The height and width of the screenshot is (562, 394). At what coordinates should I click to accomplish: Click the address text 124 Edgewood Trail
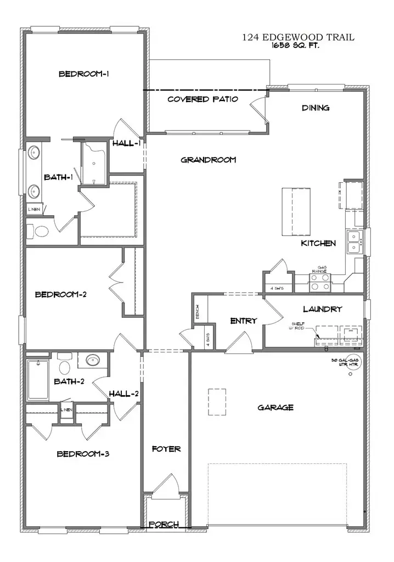tap(299, 37)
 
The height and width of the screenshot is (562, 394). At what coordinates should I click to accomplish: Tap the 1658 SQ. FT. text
tap(295, 46)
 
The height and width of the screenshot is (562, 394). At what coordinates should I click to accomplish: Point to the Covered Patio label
tap(202, 99)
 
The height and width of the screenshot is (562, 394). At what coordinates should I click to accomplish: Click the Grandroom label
tap(208, 160)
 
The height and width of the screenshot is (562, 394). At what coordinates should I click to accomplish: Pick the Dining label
tap(316, 108)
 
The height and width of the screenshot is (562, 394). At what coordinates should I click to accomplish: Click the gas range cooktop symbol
tap(320, 282)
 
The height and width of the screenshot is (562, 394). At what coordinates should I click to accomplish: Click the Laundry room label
tap(322, 309)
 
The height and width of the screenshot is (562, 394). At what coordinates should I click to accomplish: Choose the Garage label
tap(275, 407)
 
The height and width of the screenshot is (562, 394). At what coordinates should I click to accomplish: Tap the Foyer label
tap(166, 449)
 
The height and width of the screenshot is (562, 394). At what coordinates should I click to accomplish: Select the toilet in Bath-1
tap(41, 232)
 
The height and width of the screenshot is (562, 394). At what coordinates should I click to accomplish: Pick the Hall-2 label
tap(123, 394)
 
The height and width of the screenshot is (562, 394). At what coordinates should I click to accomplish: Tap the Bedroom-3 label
tap(83, 454)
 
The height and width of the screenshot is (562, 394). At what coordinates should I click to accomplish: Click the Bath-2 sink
tap(92, 361)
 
